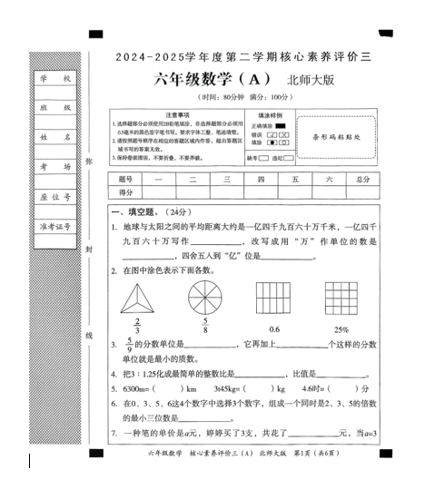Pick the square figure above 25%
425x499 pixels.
341,298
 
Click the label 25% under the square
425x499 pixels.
341,328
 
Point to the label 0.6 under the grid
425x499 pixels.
275,328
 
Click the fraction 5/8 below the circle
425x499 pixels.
205,326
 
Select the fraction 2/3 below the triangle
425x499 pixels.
137,326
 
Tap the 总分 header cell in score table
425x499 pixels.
362,180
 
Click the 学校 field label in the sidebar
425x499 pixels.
54,79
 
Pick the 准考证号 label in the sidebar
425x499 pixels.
54,225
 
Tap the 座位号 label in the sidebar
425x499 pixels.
54,196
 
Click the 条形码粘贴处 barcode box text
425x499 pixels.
336,138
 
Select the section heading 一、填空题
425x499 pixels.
133,211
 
